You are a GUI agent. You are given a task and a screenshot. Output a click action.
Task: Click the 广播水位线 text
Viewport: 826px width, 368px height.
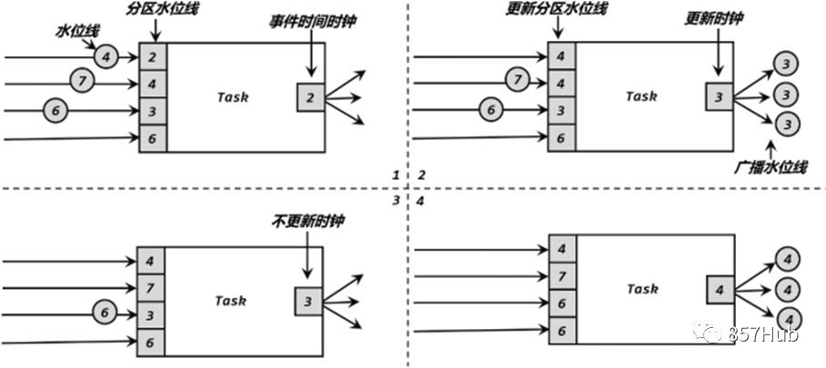click(x=771, y=166)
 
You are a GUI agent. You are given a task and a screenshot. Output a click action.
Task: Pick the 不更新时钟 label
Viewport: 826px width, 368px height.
click(x=308, y=222)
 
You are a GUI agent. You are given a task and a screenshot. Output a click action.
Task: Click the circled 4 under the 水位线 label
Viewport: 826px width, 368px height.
click(x=106, y=56)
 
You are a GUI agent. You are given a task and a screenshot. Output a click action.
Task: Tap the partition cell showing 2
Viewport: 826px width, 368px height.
click(x=153, y=57)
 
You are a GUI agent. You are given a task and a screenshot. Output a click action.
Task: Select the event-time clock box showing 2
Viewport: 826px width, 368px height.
click(x=310, y=97)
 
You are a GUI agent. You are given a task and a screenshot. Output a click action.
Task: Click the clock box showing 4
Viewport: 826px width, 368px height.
click(x=720, y=290)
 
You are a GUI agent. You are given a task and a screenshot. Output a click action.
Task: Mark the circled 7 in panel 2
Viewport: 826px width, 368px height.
click(x=518, y=81)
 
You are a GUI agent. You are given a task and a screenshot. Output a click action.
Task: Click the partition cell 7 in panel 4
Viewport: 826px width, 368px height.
click(x=562, y=276)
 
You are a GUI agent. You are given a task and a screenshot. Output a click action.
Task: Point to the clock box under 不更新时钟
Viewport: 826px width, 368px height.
click(x=308, y=302)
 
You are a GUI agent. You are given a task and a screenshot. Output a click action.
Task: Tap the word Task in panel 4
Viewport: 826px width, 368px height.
click(x=642, y=289)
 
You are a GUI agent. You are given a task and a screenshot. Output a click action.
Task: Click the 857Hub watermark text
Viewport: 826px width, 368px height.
click(x=764, y=335)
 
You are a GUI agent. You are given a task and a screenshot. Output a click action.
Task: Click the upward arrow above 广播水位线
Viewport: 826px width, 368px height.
click(x=771, y=148)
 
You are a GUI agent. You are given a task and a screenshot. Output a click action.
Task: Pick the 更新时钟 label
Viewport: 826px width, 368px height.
click(x=714, y=18)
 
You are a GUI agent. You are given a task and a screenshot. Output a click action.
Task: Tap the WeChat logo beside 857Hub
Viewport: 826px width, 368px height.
click(x=708, y=333)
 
